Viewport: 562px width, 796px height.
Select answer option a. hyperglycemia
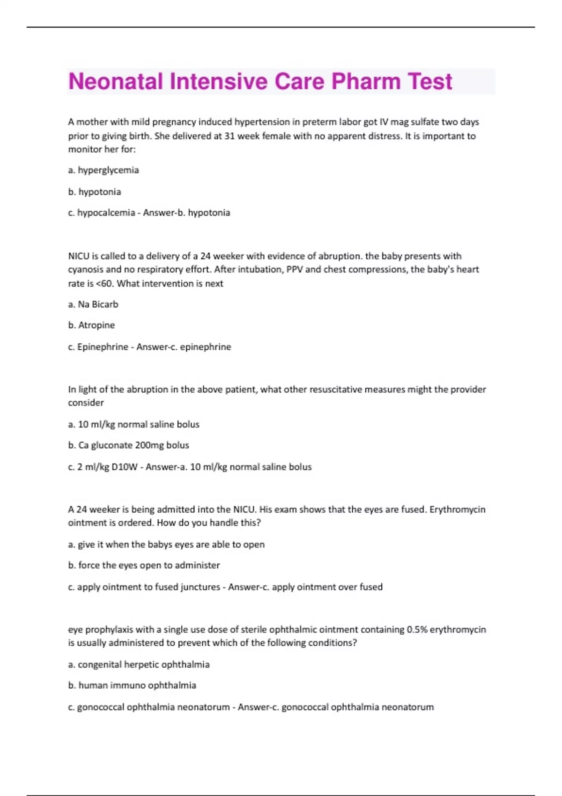(x=104, y=170)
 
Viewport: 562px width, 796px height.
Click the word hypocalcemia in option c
(x=106, y=213)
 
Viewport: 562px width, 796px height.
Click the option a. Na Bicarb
(x=93, y=304)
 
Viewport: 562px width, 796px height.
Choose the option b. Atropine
(x=91, y=325)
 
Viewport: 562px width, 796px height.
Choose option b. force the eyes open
(x=144, y=565)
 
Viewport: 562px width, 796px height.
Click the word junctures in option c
(x=200, y=587)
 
